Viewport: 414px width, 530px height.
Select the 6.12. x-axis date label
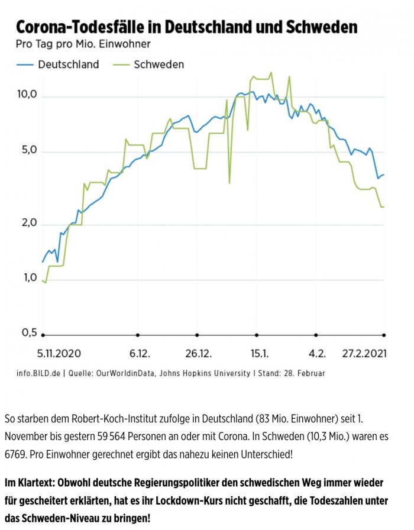click(x=140, y=354)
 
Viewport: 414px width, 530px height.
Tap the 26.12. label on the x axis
click(x=198, y=354)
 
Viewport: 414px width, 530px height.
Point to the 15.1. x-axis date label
click(x=258, y=354)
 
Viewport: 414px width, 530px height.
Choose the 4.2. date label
click(x=316, y=354)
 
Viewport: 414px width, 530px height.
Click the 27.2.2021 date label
click(x=365, y=354)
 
